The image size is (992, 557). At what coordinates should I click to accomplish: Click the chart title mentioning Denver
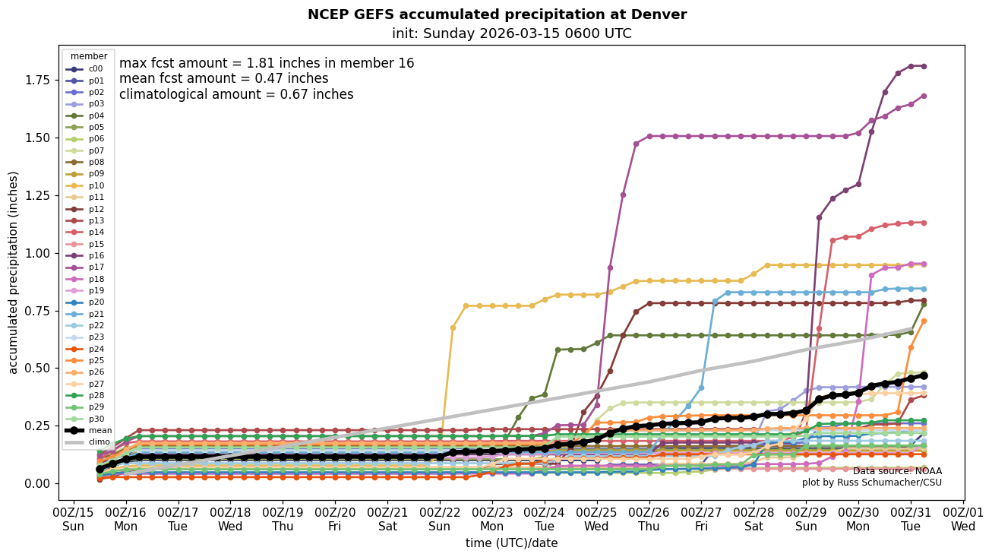(x=497, y=14)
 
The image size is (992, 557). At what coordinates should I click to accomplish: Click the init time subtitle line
(x=511, y=33)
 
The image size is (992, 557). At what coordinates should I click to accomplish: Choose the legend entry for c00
(x=95, y=69)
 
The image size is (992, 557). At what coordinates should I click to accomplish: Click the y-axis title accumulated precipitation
(x=14, y=272)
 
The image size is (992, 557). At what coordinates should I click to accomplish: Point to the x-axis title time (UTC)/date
(x=511, y=543)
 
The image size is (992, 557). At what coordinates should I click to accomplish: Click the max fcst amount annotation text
(x=267, y=64)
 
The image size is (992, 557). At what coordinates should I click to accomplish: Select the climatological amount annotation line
(x=236, y=95)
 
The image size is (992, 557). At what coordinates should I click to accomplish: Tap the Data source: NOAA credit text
(x=897, y=471)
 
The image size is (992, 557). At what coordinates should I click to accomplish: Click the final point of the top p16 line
(x=924, y=66)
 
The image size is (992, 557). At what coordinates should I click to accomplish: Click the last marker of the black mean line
(x=924, y=375)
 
